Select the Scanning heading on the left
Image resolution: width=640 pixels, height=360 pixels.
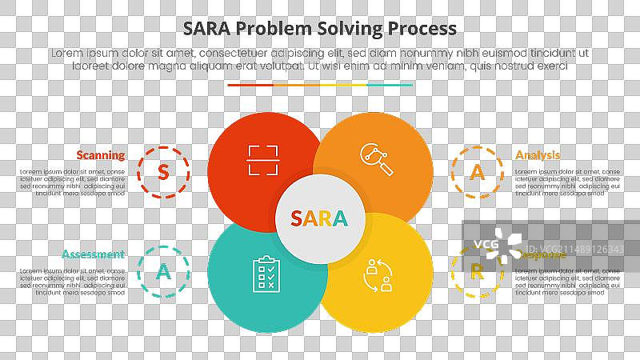[101, 155]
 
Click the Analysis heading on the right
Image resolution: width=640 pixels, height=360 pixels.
[538, 155]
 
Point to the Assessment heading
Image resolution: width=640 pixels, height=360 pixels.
[93, 254]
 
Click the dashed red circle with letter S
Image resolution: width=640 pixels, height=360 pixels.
[163, 171]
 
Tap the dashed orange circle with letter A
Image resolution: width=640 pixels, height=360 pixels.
[478, 171]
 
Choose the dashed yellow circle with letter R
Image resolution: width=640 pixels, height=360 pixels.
[477, 271]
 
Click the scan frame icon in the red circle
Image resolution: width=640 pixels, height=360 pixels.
[264, 160]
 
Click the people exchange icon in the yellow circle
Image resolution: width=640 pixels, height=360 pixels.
[377, 274]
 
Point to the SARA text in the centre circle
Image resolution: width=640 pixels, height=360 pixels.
[319, 218]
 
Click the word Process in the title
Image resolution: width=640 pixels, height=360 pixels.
[422, 28]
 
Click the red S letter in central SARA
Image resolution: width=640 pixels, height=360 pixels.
[297, 218]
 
